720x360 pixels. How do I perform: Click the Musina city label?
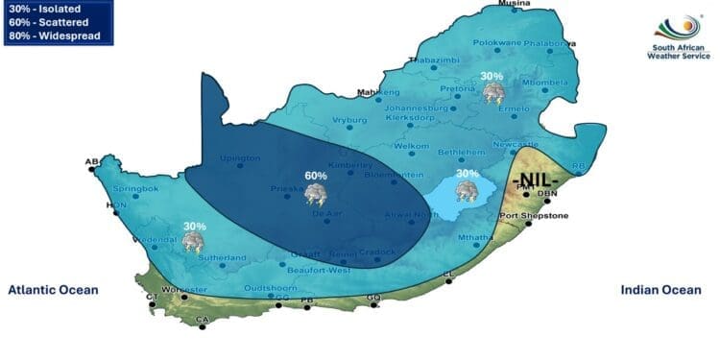[514, 6]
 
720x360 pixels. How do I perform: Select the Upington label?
[240, 157]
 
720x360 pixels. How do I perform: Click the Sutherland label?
[224, 257]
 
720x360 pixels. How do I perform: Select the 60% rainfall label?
[316, 176]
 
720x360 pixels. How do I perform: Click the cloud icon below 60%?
[315, 195]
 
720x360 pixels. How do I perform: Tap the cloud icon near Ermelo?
[494, 93]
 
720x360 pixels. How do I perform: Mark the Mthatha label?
[474, 237]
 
